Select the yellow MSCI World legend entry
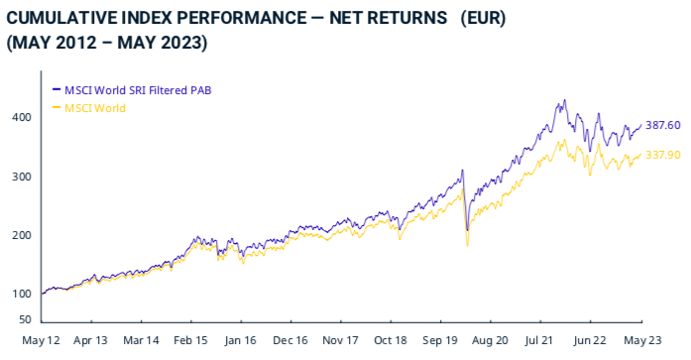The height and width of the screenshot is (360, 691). (x=95, y=107)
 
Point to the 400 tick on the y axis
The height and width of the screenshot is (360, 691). (x=22, y=117)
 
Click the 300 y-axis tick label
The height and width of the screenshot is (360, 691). (x=22, y=177)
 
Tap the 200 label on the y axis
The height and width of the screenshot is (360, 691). (x=22, y=235)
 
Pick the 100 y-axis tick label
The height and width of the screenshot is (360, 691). (x=22, y=294)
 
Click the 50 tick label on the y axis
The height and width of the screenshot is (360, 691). (x=25, y=319)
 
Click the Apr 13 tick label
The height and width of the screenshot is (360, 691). (x=90, y=339)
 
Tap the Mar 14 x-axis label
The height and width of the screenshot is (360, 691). (x=140, y=339)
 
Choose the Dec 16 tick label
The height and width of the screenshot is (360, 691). (x=289, y=339)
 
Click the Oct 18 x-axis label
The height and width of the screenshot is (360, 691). (x=390, y=339)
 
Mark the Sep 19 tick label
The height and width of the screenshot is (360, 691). (x=440, y=339)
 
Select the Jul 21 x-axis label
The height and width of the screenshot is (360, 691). (x=539, y=339)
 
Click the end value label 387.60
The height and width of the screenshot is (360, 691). (x=662, y=125)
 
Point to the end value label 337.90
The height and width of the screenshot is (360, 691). (x=662, y=155)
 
